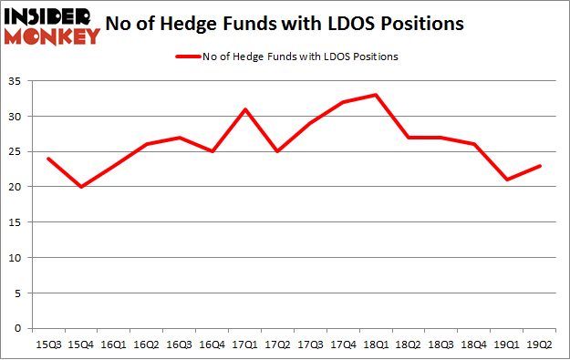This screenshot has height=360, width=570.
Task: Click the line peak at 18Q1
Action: point(375,95)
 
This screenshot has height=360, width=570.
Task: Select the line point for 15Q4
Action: point(81,187)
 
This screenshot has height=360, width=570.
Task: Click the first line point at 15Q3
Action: point(48,159)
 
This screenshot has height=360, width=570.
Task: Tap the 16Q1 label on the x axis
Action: point(114,345)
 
